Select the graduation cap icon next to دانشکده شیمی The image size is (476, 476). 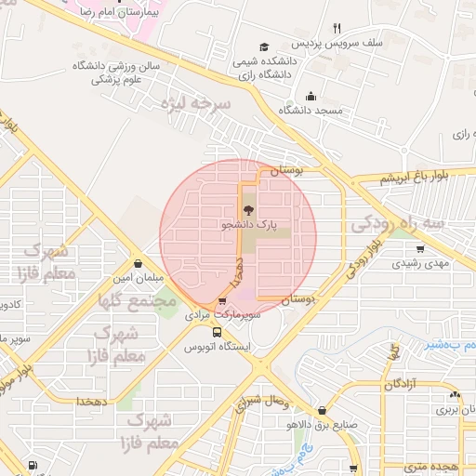[x=265, y=46]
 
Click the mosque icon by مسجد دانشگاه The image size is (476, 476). [x=310, y=96]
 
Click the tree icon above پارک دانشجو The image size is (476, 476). [x=246, y=210]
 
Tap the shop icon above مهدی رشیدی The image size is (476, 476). [x=420, y=248]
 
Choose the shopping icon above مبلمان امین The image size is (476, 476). [x=138, y=264]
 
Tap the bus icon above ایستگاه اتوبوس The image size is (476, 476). [x=217, y=332]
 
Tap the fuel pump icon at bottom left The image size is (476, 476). [x=33, y=464]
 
